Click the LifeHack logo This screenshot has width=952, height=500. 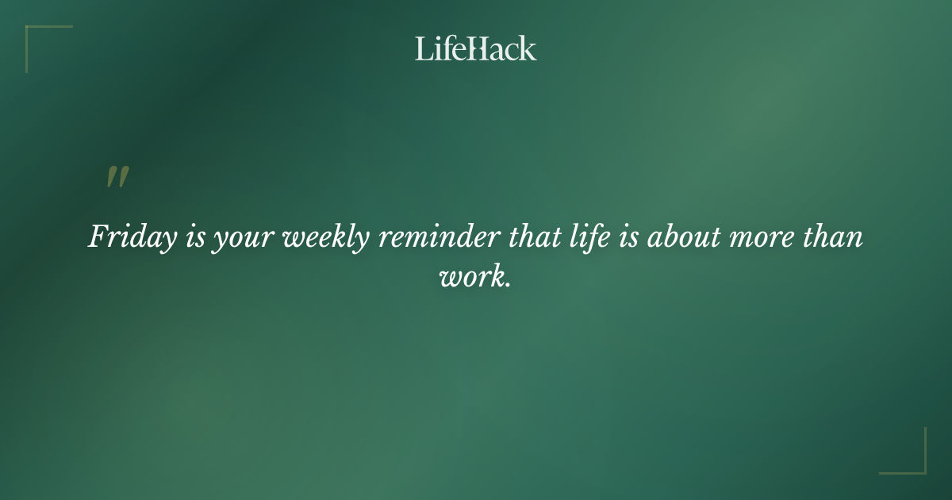(x=476, y=48)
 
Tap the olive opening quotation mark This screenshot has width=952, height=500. (x=117, y=177)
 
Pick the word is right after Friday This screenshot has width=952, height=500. (x=195, y=237)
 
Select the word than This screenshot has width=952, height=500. (x=827, y=237)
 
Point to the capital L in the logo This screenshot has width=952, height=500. (x=423, y=48)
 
